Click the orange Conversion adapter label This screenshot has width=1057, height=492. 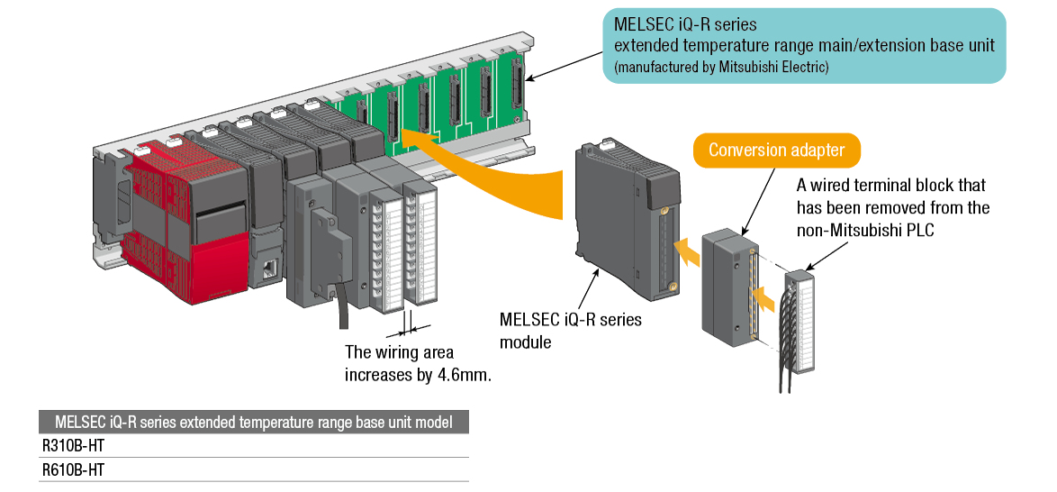tap(776, 150)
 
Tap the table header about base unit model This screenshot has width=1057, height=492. tap(254, 422)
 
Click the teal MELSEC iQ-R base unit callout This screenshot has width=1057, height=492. tap(803, 46)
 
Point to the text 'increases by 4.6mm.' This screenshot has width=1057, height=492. tap(418, 374)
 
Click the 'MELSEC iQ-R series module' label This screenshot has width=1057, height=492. tap(571, 331)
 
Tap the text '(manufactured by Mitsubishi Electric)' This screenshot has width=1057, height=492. tap(720, 67)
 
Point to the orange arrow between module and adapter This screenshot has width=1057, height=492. tap(688, 251)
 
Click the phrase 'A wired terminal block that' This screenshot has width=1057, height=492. tap(891, 186)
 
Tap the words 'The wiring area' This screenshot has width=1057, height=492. tap(399, 352)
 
